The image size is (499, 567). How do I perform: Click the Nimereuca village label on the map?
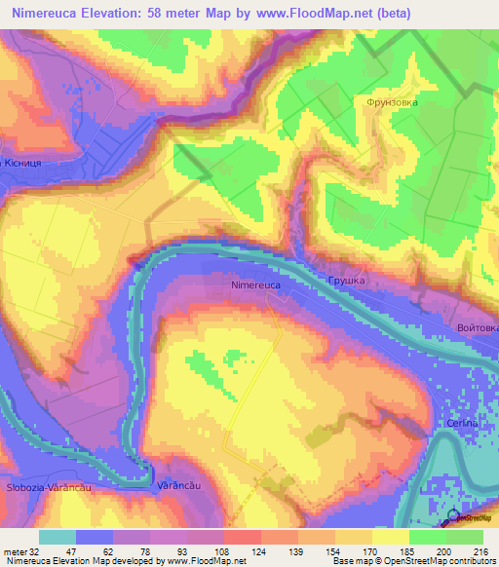(x=257, y=285)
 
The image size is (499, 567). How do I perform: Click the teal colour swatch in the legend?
(x=58, y=537)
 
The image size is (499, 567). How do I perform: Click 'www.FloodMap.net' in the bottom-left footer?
(x=209, y=561)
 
